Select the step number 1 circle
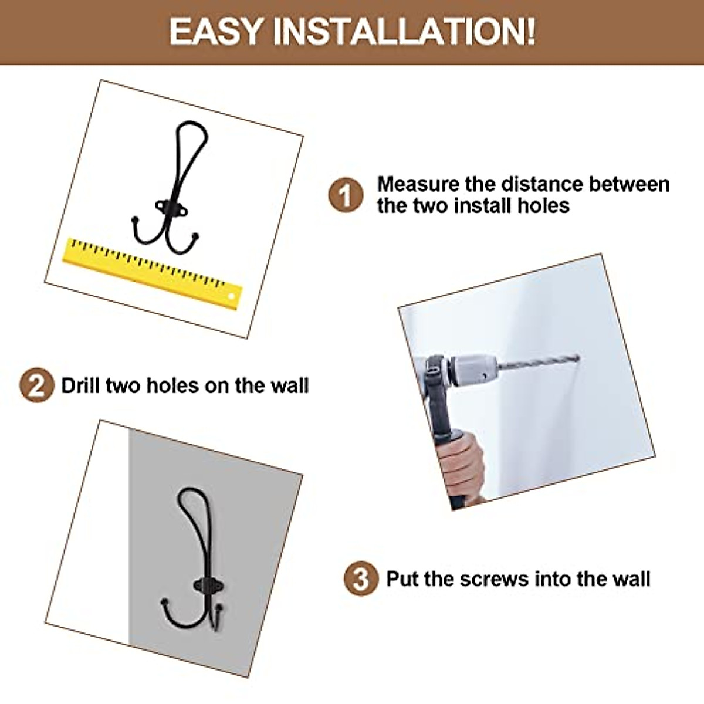[346, 195]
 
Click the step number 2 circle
[36, 385]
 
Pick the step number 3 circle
[361, 579]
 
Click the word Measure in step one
[418, 184]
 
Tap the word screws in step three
[494, 579]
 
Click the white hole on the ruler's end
[232, 297]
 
